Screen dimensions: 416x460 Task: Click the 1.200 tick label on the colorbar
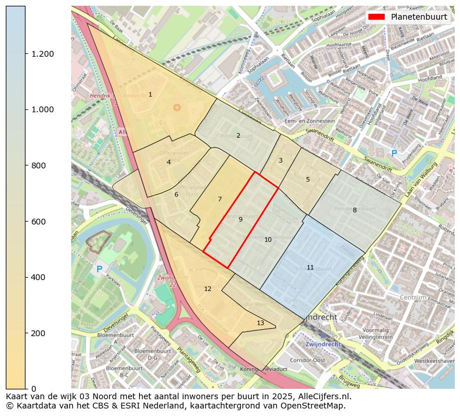[42, 54]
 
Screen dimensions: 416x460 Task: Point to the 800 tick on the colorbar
[38, 165]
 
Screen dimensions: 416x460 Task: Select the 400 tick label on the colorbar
[38, 277]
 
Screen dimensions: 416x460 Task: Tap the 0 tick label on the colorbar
[33, 389]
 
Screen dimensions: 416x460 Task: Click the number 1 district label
[150, 94]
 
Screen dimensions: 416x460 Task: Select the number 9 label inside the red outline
[240, 219]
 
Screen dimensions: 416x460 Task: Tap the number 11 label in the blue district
[310, 267]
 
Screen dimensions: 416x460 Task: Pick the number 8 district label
[355, 210]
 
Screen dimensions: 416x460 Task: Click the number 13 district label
[260, 323]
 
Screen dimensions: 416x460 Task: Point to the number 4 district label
[169, 162]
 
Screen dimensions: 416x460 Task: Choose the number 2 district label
[238, 135]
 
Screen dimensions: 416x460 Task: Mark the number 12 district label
[207, 289]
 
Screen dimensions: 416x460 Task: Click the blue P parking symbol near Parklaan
[99, 269]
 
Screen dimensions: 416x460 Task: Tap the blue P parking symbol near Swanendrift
[394, 153]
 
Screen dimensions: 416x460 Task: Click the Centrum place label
[413, 297]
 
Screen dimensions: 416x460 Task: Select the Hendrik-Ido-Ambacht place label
[114, 95]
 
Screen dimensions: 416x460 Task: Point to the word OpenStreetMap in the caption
[313, 406]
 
